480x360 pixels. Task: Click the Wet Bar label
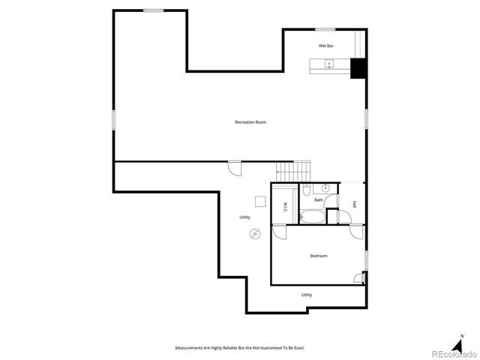(325, 46)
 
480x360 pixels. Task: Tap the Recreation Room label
(250, 122)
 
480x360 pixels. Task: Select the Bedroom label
(319, 256)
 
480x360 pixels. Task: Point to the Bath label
(319, 199)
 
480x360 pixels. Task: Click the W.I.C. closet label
(286, 208)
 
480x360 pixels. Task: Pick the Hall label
(354, 205)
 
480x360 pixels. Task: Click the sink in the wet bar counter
(328, 65)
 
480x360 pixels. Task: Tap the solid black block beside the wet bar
(358, 68)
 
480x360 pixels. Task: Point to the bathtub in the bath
(313, 217)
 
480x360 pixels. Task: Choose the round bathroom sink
(326, 187)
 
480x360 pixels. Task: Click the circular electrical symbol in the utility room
(255, 235)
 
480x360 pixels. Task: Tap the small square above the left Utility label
(259, 200)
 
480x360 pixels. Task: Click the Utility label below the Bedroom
(307, 295)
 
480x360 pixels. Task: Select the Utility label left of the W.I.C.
(245, 217)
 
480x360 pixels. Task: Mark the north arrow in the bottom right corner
(462, 338)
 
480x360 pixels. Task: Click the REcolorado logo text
(449, 352)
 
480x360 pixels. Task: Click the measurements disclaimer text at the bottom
(240, 348)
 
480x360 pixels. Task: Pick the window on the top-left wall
(154, 10)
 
